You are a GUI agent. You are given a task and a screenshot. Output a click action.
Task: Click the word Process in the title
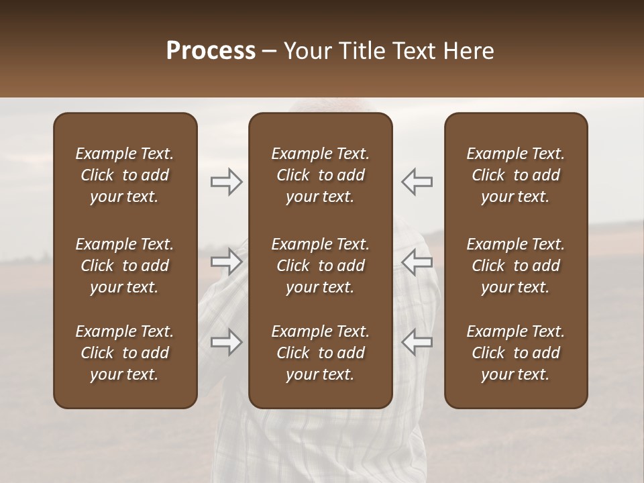[211, 51]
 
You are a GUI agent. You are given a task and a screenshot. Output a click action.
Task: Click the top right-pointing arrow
[226, 182]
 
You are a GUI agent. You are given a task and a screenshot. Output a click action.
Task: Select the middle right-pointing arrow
[226, 262]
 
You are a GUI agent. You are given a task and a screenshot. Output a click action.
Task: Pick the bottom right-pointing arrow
[226, 342]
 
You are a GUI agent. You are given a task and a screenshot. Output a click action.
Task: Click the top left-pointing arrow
[417, 182]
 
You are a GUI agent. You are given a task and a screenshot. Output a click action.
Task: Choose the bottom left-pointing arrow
[417, 342]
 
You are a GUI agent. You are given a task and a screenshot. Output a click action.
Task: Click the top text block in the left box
[125, 175]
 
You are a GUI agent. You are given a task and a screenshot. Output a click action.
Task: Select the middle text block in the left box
[125, 266]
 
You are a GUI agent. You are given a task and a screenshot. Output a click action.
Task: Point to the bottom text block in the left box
[125, 353]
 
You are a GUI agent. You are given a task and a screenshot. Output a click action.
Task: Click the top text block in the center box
[320, 175]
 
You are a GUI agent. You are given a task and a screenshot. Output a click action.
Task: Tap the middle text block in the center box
[320, 266]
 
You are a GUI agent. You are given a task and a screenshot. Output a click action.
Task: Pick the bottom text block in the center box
[320, 353]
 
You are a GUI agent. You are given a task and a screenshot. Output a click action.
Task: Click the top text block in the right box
[515, 175]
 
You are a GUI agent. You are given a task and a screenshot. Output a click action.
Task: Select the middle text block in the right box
[515, 266]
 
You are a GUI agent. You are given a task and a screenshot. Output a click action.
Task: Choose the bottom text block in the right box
[515, 353]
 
